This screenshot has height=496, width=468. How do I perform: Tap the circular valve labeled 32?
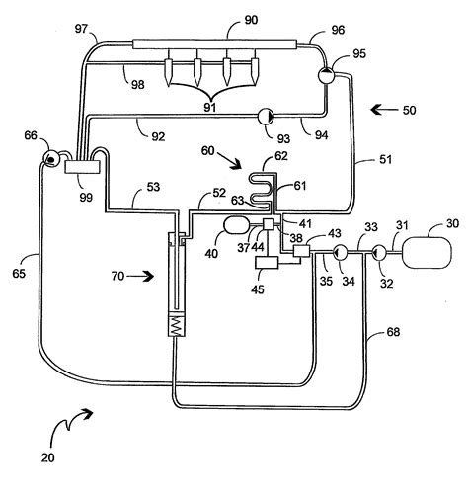(378, 253)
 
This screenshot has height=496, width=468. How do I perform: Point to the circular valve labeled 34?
(339, 253)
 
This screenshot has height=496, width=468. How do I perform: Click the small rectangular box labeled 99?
(77, 169)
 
